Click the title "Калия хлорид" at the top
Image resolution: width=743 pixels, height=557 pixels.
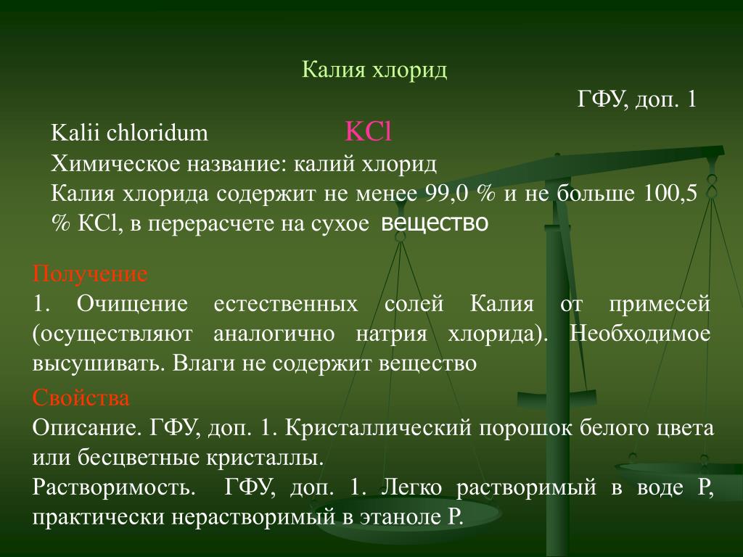[x=374, y=70]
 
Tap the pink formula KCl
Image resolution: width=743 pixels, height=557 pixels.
[x=368, y=131]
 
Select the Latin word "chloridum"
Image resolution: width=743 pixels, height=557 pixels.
[x=157, y=133]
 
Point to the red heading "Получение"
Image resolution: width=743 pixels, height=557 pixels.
[x=90, y=274]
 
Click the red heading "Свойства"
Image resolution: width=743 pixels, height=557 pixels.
[x=81, y=397]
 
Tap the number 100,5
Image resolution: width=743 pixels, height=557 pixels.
[x=670, y=194]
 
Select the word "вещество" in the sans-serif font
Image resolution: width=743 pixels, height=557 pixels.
[x=435, y=223]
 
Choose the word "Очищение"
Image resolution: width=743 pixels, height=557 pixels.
[x=132, y=304]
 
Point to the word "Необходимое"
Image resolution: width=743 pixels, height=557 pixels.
[x=640, y=334]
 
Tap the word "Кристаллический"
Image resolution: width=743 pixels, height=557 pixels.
[x=378, y=428]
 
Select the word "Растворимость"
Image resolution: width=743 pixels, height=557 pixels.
[x=114, y=487]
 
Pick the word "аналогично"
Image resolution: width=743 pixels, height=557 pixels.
[x=274, y=334]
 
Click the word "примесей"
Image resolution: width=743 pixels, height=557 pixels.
[x=660, y=304]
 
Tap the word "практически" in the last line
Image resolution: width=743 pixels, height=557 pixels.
[x=98, y=517]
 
